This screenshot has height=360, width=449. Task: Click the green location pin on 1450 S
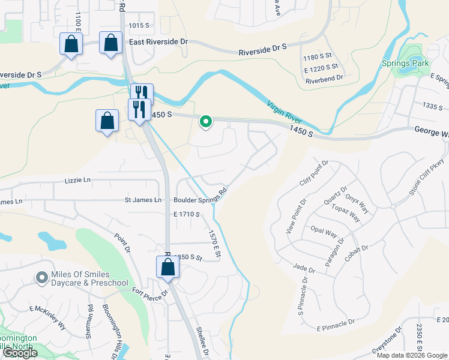click(x=206, y=122)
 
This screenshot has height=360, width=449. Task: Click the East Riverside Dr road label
click(x=158, y=42)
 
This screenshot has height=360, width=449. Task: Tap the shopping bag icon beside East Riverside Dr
click(x=110, y=43)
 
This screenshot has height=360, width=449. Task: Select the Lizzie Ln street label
click(x=77, y=180)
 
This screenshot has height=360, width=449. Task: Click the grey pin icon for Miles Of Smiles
click(x=41, y=277)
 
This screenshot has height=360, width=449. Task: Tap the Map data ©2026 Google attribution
click(x=412, y=355)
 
